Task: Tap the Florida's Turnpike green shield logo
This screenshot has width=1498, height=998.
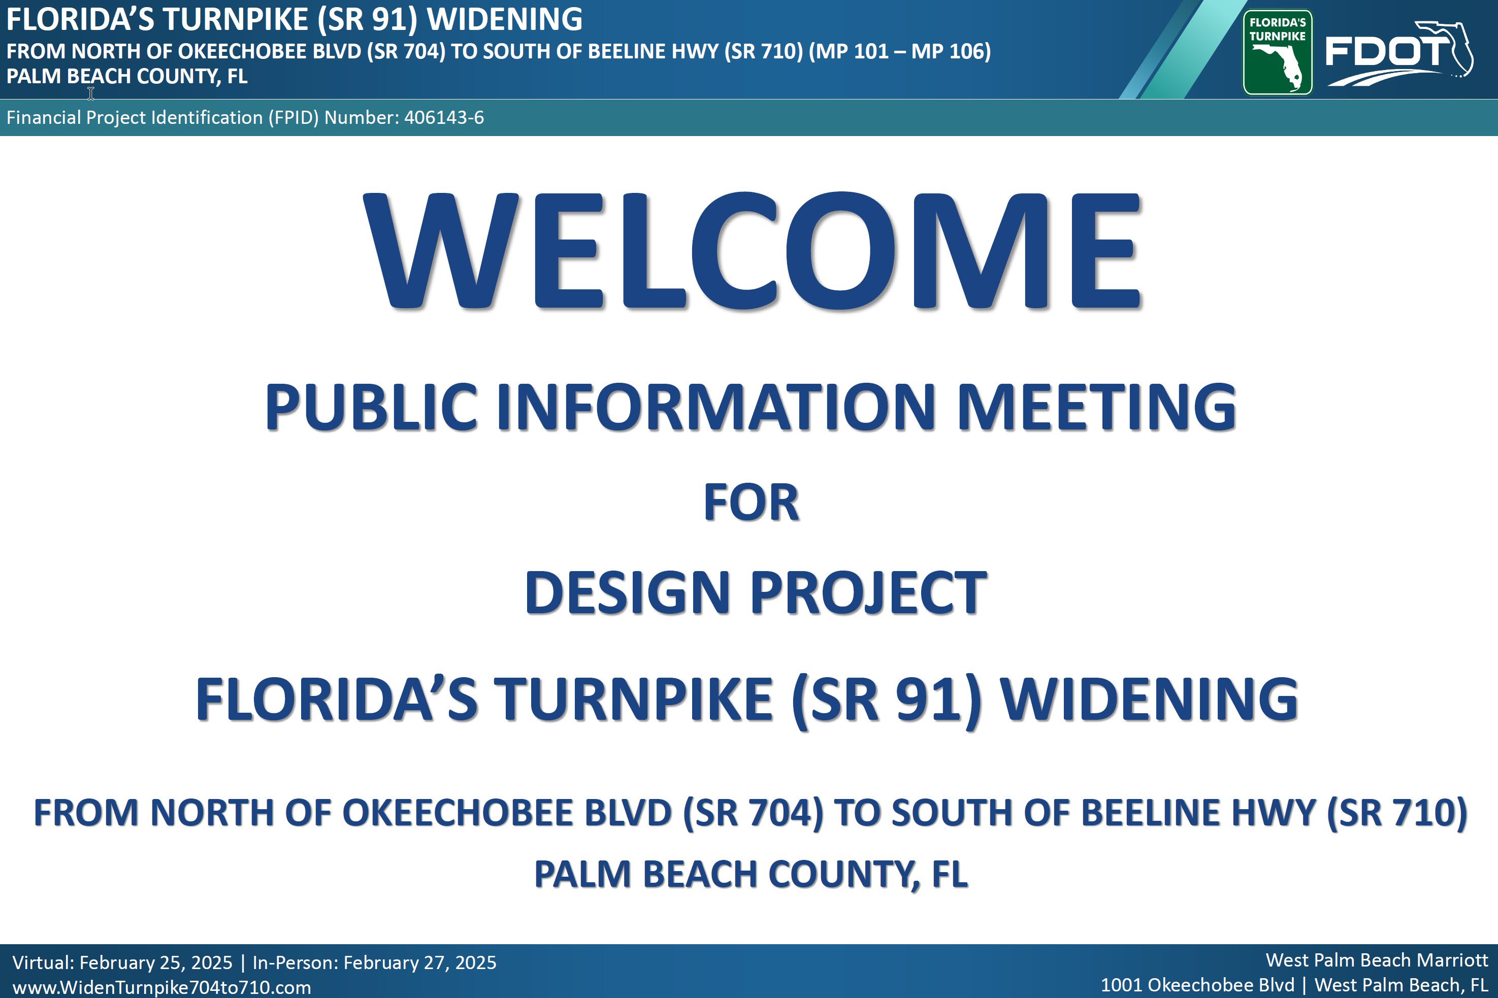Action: click(1277, 52)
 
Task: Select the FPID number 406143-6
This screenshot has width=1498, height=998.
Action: click(444, 118)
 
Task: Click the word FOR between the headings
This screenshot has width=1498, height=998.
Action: click(751, 503)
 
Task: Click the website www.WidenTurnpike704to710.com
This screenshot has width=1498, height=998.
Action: click(161, 987)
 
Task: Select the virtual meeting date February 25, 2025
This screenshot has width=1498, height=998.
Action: click(156, 962)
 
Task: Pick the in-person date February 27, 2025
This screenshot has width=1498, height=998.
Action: click(419, 962)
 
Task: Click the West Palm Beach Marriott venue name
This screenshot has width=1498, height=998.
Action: click(1377, 960)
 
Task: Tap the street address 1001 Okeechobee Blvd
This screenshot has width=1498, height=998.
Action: click(1197, 985)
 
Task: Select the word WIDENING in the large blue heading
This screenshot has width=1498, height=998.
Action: click(1149, 700)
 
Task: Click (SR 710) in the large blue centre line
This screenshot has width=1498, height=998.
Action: click(1397, 813)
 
